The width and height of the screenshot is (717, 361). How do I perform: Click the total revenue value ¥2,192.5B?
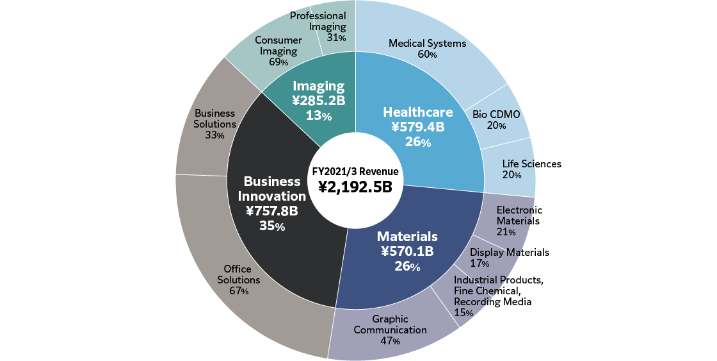pyautogui.click(x=355, y=187)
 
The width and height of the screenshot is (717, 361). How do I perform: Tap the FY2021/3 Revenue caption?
pyautogui.click(x=355, y=171)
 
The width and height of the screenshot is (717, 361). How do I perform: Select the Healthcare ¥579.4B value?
pyautogui.click(x=417, y=127)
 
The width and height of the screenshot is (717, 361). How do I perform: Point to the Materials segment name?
pyautogui.click(x=407, y=236)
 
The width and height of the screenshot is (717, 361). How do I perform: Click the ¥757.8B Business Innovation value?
pyautogui.click(x=272, y=211)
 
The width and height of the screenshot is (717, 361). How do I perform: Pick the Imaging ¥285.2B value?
pyautogui.click(x=318, y=101)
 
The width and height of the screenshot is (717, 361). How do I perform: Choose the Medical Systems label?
pyautogui.click(x=427, y=44)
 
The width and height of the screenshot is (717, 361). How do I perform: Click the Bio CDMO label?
pyautogui.click(x=496, y=114)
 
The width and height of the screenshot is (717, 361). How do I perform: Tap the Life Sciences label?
pyautogui.click(x=531, y=164)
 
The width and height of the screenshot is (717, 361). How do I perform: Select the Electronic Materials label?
pyautogui.click(x=519, y=215)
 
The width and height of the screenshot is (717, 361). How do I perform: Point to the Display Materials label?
pyautogui.click(x=510, y=252)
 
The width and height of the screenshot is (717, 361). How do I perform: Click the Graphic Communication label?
pyautogui.click(x=390, y=324)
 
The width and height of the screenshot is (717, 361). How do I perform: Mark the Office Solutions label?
pyautogui.click(x=238, y=274)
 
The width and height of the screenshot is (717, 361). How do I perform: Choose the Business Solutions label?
pyautogui.click(x=215, y=119)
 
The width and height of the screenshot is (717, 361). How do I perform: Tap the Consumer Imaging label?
pyautogui.click(x=278, y=46)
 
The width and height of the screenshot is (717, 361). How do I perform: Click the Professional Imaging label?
pyautogui.click(x=318, y=21)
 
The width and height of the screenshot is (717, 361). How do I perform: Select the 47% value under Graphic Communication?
pyautogui.click(x=390, y=341)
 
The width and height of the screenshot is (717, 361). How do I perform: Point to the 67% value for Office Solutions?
pyautogui.click(x=238, y=291)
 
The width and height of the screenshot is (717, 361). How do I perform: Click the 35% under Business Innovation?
pyautogui.click(x=272, y=226)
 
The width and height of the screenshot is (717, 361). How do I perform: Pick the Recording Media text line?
pyautogui.click(x=492, y=301)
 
